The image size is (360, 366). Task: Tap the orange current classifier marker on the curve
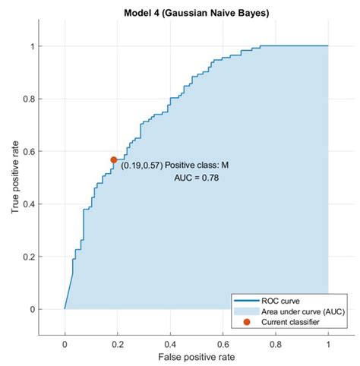click(x=114, y=159)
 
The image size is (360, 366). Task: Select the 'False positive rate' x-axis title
click(x=197, y=355)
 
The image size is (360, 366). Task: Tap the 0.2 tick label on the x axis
click(x=118, y=343)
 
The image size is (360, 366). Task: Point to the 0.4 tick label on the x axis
click(x=170, y=343)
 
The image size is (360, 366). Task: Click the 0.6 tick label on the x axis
click(x=223, y=343)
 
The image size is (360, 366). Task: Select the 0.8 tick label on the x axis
click(x=276, y=343)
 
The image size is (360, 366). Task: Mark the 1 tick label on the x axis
click(x=328, y=343)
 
